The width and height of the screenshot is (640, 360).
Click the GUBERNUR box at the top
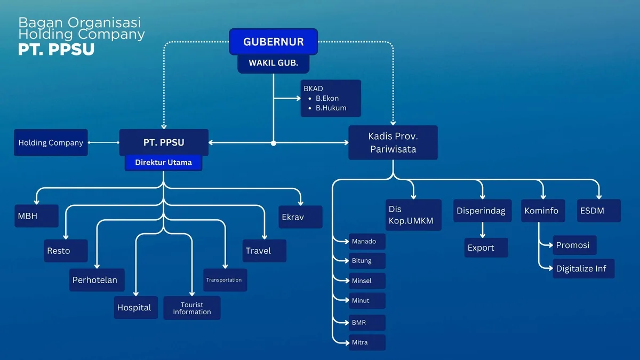(x=274, y=42)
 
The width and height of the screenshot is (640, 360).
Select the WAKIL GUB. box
(x=274, y=63)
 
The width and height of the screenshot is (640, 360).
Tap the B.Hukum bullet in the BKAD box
(x=331, y=108)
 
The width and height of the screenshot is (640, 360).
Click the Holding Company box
(x=51, y=142)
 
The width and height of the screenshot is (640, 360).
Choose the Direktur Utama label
(x=163, y=163)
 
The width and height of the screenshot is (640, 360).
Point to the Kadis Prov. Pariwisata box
(x=393, y=142)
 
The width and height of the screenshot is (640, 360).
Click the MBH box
(x=36, y=217)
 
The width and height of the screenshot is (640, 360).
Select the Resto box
(x=66, y=251)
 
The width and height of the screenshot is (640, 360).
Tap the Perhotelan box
(x=98, y=280)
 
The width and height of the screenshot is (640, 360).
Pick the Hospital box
(x=135, y=308)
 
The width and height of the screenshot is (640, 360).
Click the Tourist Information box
(x=191, y=308)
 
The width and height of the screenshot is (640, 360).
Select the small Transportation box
(x=225, y=280)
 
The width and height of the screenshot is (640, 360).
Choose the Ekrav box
(x=300, y=217)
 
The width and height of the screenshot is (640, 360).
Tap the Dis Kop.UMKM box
(x=414, y=215)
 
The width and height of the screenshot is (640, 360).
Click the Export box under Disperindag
(x=486, y=247)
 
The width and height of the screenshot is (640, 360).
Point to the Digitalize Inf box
(x=583, y=268)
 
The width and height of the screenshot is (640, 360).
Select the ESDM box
(x=598, y=211)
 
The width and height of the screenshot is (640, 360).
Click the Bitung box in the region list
(x=367, y=261)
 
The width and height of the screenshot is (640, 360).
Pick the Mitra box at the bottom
(x=367, y=342)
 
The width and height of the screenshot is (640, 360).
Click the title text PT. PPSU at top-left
(x=56, y=49)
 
